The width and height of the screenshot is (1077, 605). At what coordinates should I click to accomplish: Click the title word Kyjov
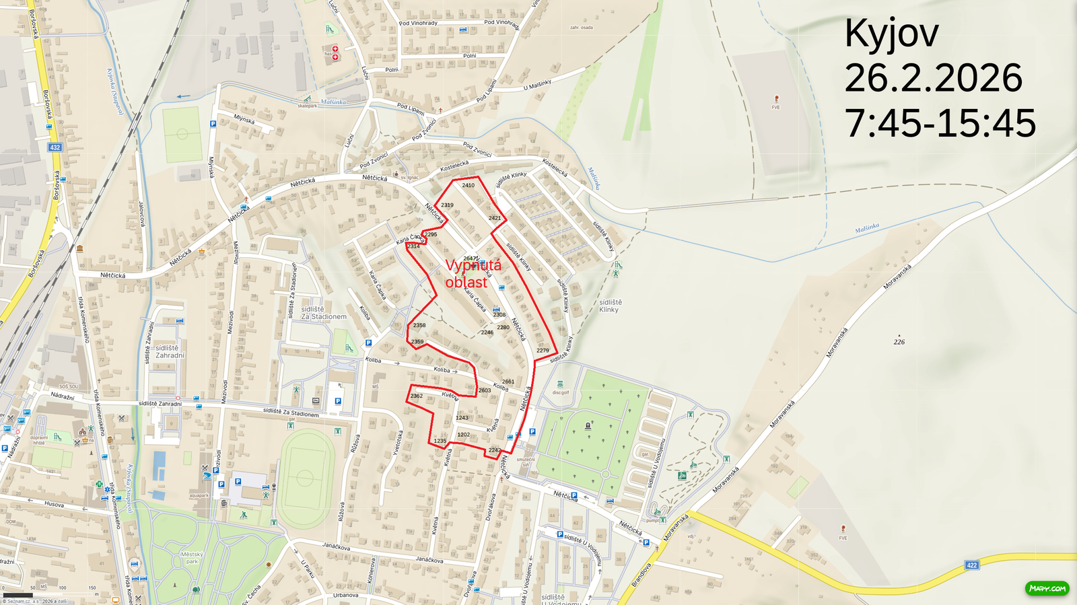point(891,34)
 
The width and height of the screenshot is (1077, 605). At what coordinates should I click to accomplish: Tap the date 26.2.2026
point(933,79)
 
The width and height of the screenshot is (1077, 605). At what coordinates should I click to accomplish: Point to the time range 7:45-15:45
point(940,123)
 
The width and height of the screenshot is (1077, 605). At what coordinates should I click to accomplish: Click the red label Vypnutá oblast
point(473,274)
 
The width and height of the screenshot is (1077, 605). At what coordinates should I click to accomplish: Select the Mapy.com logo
point(1047,588)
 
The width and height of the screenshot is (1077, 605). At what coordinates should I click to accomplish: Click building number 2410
point(468,185)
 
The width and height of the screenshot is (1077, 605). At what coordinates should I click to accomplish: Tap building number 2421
point(495,218)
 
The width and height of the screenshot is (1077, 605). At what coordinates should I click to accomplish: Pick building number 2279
point(543,351)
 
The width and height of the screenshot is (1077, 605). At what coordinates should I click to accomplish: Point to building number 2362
point(417,396)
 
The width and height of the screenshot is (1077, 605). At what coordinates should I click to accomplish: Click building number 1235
point(440,441)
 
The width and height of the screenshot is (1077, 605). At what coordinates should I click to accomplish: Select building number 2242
point(495,450)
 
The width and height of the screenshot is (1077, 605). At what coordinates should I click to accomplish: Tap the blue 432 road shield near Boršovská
point(55,147)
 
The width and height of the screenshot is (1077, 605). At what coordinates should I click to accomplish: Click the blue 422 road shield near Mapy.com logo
point(971,565)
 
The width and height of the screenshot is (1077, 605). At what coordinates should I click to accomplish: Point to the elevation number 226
point(899,342)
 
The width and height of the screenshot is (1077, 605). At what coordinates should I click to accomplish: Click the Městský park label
point(191,558)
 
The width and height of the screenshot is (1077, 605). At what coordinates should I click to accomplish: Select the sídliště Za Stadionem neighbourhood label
point(324,313)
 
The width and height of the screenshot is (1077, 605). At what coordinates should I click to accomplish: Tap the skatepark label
point(307,106)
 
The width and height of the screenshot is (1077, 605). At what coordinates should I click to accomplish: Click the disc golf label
point(560,392)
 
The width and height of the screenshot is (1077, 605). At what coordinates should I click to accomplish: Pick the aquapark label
point(199,495)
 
